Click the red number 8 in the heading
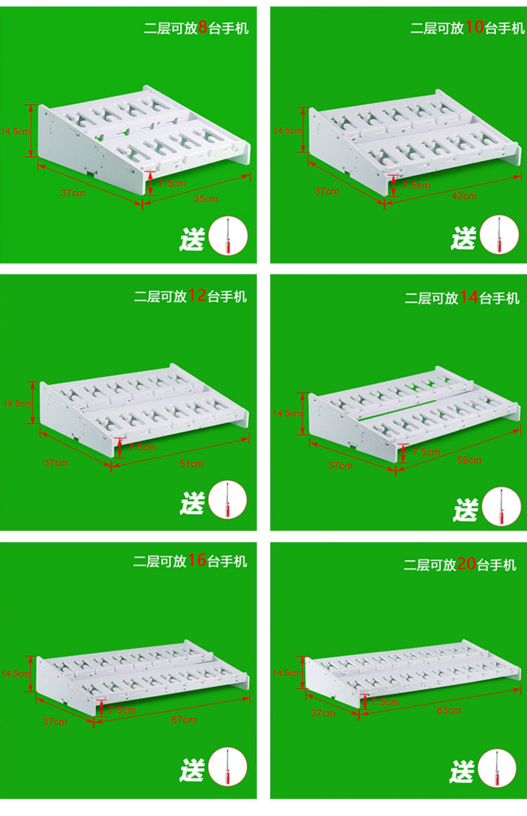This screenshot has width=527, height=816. [x=203, y=27]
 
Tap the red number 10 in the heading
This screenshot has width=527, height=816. [x=474, y=27]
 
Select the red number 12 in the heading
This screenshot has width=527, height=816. [x=197, y=296]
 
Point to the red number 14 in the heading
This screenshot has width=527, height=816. [x=469, y=297]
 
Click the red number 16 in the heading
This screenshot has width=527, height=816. [x=197, y=560]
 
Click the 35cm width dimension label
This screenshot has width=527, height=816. [x=206, y=199]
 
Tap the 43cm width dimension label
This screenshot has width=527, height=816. [x=464, y=196]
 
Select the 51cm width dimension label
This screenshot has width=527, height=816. [x=191, y=464]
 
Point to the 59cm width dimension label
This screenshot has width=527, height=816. [x=469, y=460]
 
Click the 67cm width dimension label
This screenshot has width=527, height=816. [x=183, y=720]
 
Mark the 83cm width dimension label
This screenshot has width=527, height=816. [x=449, y=710]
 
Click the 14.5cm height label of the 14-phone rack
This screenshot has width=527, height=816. [x=287, y=413]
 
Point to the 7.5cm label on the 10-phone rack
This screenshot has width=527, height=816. [x=416, y=185]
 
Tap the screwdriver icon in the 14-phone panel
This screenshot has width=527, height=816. [x=501, y=506]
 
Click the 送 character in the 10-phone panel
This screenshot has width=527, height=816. [x=463, y=238]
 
